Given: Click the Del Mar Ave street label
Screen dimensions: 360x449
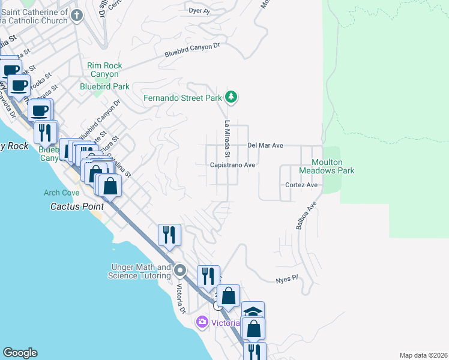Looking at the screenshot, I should tap(265, 146).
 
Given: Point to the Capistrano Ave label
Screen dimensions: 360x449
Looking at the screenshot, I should tap(233, 165).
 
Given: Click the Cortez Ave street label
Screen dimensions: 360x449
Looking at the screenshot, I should tap(301, 185).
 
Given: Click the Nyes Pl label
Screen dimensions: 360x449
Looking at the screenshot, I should tap(287, 280).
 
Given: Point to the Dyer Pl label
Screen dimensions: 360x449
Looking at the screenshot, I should tap(199, 11).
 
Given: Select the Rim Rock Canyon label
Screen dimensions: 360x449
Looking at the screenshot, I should tap(104, 70).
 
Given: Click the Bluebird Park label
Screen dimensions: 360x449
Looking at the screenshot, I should tap(104, 86).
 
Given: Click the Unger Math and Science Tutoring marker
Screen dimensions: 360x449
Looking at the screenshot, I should tap(179, 271).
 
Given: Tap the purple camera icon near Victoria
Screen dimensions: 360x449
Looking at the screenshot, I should tap(202, 323).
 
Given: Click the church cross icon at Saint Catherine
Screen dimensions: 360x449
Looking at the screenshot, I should tap(76, 16).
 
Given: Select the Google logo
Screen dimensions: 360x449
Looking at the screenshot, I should tap(19, 353).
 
